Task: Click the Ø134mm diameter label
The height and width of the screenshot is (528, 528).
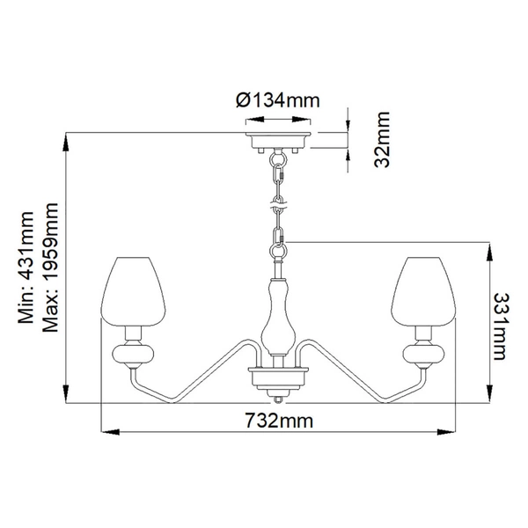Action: [x=278, y=100]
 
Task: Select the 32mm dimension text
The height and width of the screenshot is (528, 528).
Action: [x=382, y=139]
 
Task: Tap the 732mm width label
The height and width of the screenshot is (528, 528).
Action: [x=279, y=421]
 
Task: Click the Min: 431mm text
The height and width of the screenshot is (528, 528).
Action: [x=26, y=268]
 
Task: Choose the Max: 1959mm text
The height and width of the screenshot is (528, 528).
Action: [x=50, y=268]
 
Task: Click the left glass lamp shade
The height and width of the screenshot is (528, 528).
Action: [x=134, y=291]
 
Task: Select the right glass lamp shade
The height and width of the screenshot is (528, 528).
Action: [x=423, y=291]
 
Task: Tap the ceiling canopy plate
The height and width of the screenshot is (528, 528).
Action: [x=278, y=140]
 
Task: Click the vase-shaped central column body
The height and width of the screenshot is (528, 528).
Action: [x=278, y=317]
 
